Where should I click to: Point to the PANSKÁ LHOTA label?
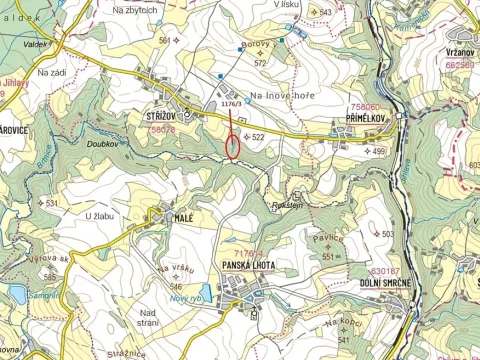pos(249,264)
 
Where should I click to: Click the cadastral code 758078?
pos(163,129)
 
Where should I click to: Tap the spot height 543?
pos(325,12)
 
